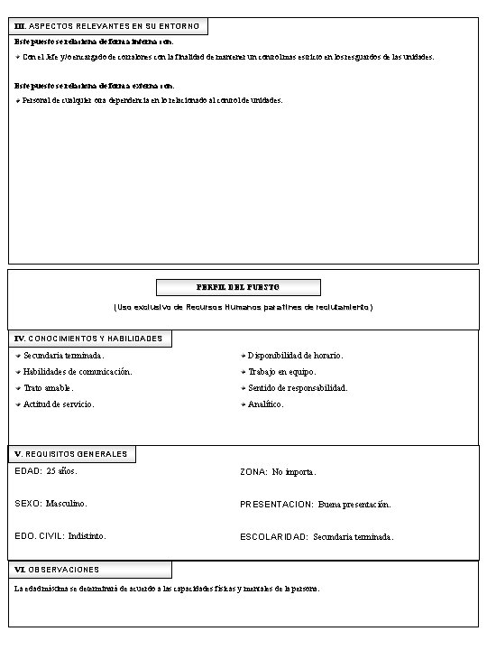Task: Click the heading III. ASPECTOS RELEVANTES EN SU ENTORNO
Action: tap(107, 26)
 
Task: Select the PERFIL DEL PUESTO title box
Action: tap(238, 287)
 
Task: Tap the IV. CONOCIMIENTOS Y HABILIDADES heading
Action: tap(89, 339)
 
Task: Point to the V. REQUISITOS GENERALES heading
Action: tap(71, 453)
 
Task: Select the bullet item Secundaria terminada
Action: tap(63, 356)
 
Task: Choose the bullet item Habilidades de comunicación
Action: tap(78, 371)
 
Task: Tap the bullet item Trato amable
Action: tap(49, 387)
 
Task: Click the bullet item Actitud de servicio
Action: tap(59, 404)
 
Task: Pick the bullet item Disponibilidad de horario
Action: tap(296, 356)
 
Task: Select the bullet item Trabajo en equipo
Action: tap(282, 371)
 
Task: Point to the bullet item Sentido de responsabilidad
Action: tap(298, 387)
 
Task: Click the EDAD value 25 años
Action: tap(62, 471)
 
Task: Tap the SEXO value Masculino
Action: tap(67, 503)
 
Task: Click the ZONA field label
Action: tap(253, 472)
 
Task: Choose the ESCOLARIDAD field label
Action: tap(274, 536)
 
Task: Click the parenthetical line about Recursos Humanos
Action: tap(243, 308)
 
